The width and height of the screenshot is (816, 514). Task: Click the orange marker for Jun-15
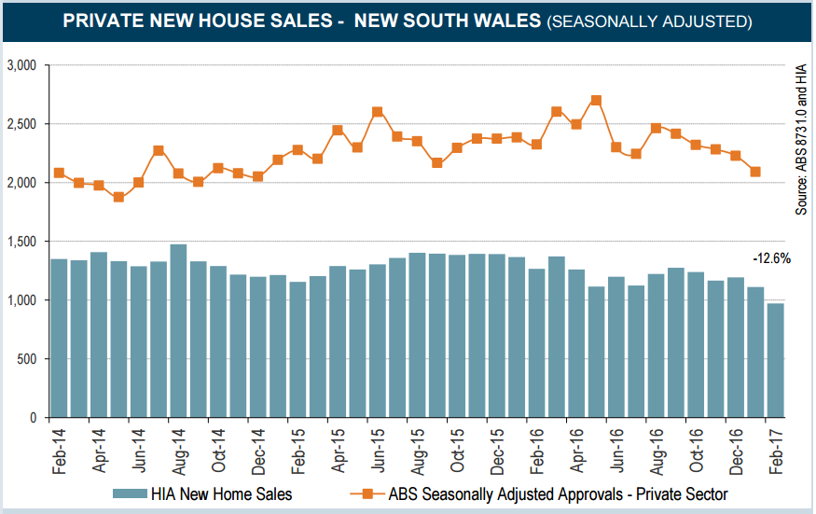378,112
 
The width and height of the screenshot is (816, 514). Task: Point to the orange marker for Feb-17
755,172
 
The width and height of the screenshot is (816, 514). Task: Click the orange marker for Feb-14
59,173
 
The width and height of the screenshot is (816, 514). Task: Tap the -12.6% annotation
771,259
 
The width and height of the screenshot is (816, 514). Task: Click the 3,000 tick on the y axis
21,65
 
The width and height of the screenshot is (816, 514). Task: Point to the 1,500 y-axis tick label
21,242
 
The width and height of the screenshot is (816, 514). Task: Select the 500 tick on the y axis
26,359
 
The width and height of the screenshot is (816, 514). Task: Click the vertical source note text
800,140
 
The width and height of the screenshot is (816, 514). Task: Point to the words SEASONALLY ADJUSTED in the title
650,21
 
